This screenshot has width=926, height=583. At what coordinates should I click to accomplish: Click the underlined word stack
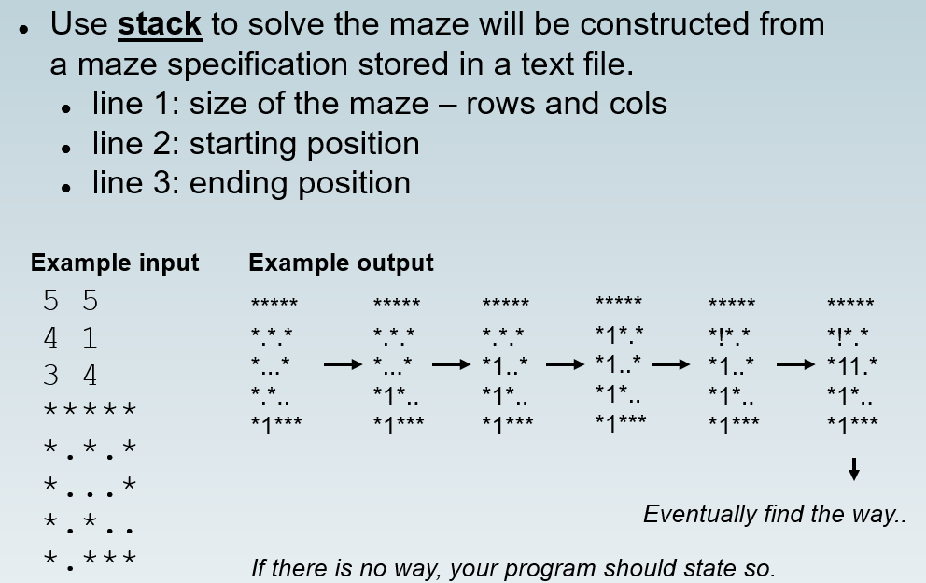coord(160,24)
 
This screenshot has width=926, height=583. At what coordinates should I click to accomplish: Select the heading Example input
coord(115,263)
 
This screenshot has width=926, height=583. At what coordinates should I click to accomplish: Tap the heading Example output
coord(341,263)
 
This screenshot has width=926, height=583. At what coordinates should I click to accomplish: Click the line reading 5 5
coord(70,301)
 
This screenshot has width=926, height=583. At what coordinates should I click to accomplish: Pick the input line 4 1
coord(70,337)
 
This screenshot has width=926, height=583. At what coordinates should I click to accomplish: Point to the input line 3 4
coord(70,376)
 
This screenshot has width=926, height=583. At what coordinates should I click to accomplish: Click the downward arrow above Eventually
coord(853,469)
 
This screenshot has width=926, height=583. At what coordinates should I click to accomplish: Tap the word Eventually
coord(700,514)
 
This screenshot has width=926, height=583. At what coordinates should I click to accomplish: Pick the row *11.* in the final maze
coord(852,364)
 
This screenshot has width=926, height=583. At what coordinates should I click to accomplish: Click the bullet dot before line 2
coord(66,148)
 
